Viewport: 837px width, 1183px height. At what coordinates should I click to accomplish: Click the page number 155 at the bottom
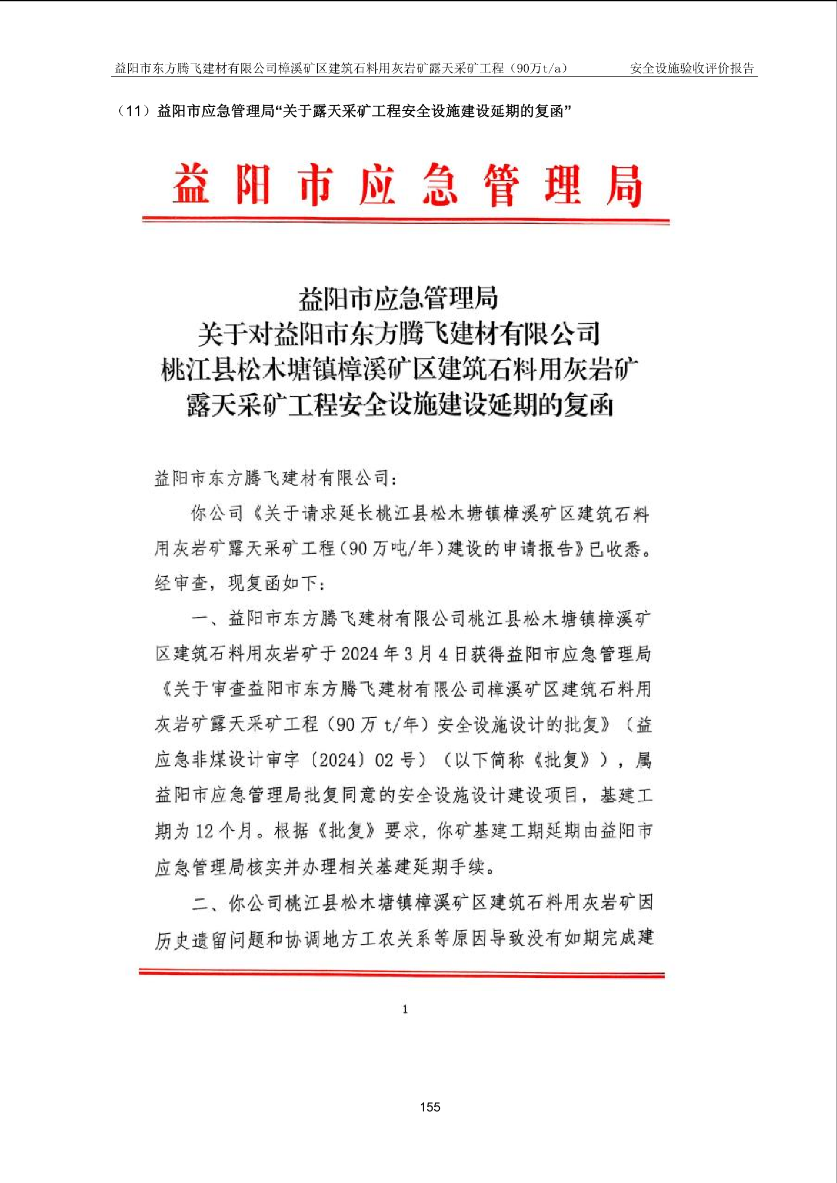click(x=430, y=1107)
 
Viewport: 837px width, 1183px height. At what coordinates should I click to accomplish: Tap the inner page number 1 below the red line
click(x=405, y=1009)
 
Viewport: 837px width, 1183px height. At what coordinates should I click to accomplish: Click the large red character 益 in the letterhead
click(x=191, y=184)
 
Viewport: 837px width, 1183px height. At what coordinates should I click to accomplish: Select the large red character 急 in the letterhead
click(x=439, y=184)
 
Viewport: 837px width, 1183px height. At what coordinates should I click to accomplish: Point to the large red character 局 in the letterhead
click(x=624, y=185)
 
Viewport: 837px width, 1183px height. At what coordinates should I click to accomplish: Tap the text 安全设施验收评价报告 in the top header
click(x=692, y=69)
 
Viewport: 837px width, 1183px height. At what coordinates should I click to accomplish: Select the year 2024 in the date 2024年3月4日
click(x=359, y=654)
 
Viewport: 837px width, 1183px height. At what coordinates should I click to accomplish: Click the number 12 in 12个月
click(x=204, y=831)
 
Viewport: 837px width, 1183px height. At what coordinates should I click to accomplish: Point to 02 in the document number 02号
click(x=384, y=760)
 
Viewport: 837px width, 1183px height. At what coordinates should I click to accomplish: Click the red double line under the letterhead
click(x=406, y=221)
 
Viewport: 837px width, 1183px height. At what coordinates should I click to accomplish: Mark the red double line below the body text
click(x=402, y=973)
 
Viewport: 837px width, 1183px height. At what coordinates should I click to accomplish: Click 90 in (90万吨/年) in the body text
click(x=358, y=549)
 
